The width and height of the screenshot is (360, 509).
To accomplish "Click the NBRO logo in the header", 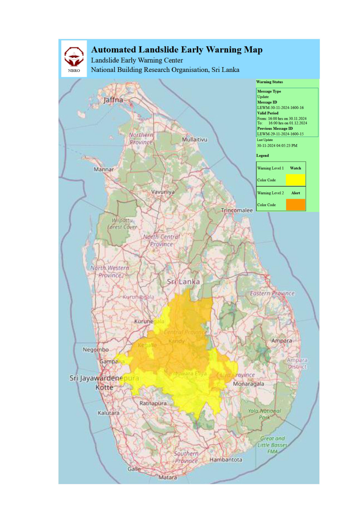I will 74,58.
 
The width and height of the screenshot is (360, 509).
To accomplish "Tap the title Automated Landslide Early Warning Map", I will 177,50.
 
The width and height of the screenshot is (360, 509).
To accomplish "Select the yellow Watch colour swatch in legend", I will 295,180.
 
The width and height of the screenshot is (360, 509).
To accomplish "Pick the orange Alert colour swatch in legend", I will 295,204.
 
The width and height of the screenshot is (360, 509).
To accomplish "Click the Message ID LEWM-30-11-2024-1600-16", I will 280,108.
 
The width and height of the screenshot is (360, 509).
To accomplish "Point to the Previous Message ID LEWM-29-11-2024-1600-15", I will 280,134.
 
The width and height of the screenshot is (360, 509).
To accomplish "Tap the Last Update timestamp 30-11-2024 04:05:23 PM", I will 277,145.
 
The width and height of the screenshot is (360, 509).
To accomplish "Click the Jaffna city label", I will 113,100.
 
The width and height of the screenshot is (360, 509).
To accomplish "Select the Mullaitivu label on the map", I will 195,140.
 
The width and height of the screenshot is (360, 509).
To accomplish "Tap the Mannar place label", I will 103,169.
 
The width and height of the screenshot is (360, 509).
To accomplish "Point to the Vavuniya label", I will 163,192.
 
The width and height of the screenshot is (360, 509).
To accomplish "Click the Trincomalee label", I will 237,210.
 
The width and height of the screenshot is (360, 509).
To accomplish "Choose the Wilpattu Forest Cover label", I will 122,224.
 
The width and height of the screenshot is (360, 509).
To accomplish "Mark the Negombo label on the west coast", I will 95,350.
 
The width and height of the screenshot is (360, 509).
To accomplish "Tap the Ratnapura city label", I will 153,403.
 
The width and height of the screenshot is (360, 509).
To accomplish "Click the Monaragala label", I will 248,384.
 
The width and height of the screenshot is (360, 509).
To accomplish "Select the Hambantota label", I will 225,460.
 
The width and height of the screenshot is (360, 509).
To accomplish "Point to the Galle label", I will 134,469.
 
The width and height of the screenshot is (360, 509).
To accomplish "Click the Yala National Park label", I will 264,414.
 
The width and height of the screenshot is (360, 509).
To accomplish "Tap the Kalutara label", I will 108,413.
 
